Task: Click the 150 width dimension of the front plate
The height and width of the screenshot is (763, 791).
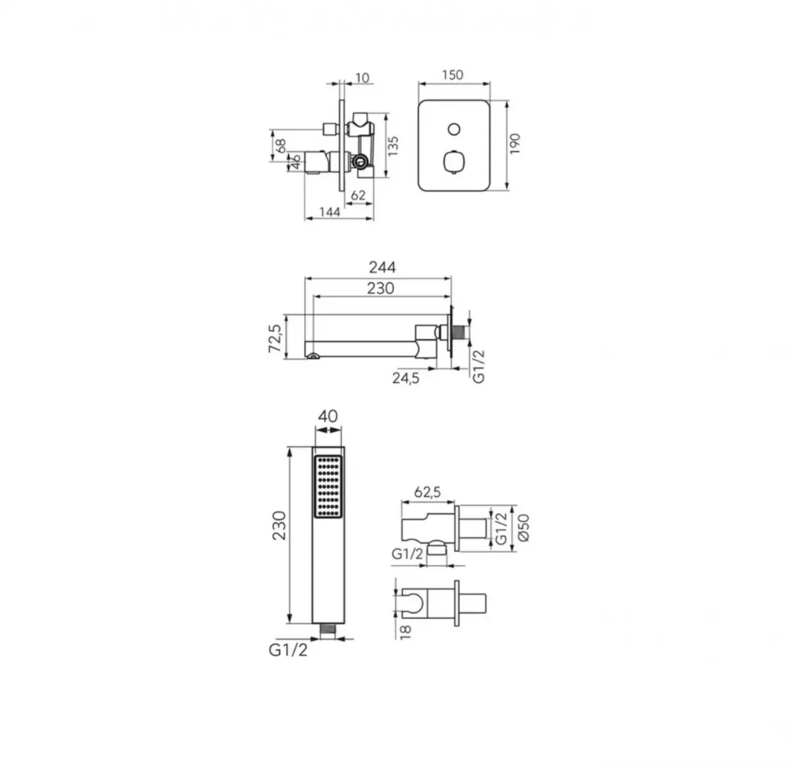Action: [x=453, y=75]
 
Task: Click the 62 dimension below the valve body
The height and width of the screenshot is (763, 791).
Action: [x=358, y=195]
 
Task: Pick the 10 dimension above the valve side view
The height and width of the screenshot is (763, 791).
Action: [x=362, y=78]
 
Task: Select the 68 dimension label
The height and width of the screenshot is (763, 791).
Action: [x=280, y=146]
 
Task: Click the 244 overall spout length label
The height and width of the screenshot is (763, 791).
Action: [x=382, y=267]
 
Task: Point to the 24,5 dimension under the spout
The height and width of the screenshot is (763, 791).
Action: [x=406, y=379]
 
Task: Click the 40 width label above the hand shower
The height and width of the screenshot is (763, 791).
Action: [x=328, y=416]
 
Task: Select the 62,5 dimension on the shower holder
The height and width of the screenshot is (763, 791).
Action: [x=427, y=492]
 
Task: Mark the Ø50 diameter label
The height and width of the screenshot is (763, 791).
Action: [x=523, y=528]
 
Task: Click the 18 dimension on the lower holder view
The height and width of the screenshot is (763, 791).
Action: [x=405, y=631]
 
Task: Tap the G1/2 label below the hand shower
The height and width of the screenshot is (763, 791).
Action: [x=287, y=650]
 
